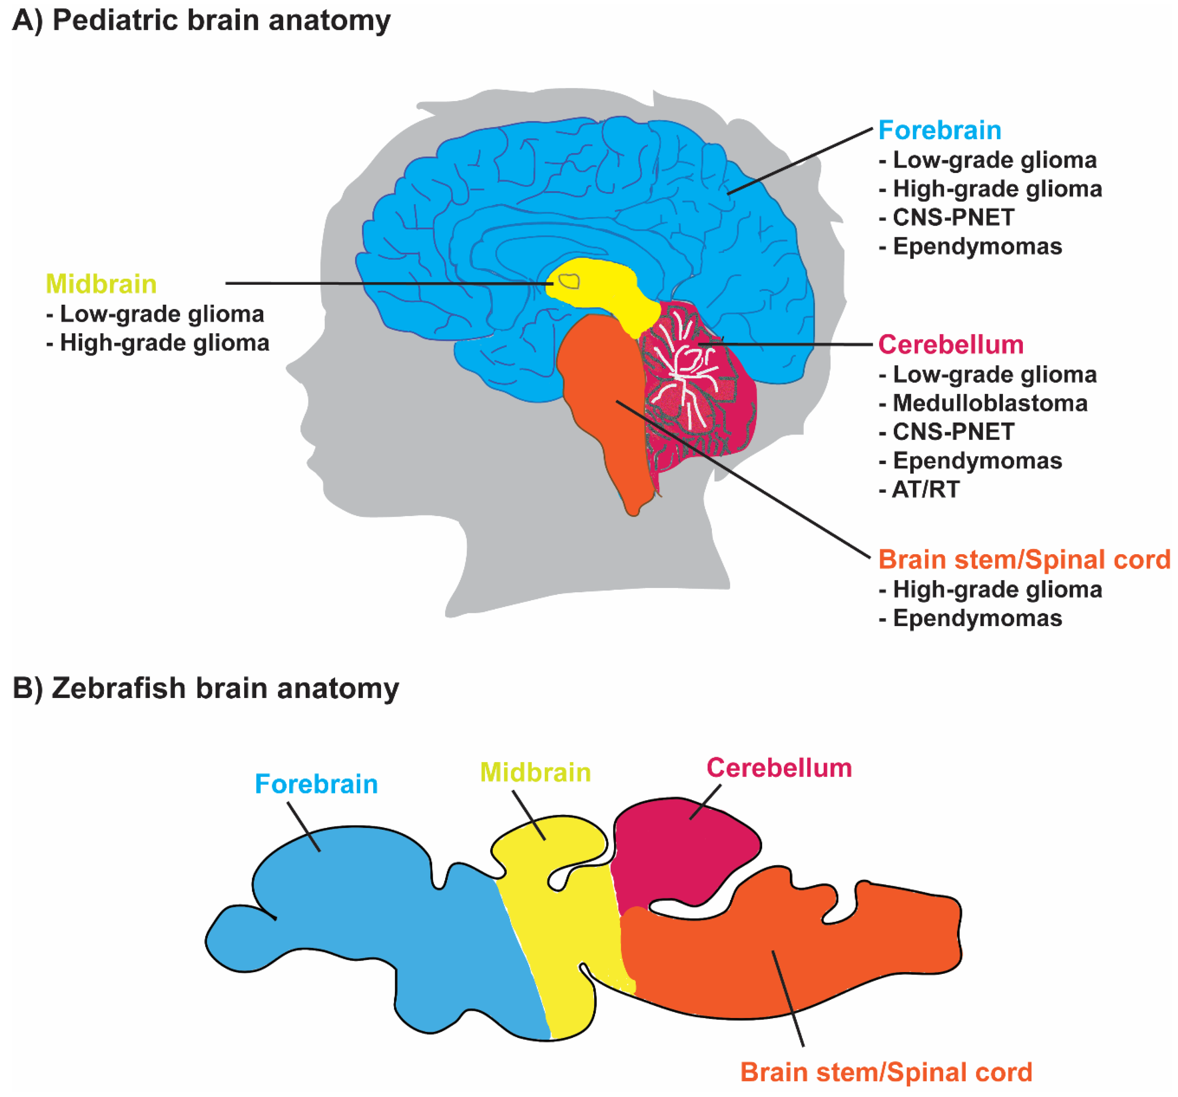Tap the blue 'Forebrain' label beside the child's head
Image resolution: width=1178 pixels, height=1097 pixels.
tap(939, 130)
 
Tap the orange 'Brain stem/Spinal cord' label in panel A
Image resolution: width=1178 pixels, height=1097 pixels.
tap(1023, 560)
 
